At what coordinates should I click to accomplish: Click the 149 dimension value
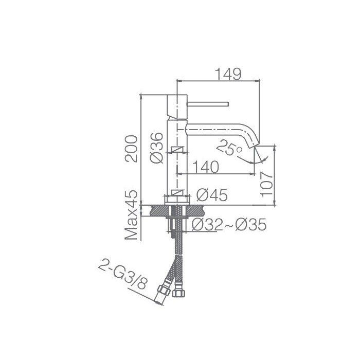(228, 74)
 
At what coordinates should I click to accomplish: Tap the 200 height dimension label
(131, 149)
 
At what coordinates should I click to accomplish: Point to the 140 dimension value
(206, 167)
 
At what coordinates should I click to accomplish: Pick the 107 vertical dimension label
(267, 184)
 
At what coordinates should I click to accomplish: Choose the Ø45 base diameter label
(212, 195)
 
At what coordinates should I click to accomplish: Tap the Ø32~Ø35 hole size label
(229, 224)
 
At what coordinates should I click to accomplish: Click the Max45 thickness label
(131, 215)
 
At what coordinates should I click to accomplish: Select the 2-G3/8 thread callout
(122, 277)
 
